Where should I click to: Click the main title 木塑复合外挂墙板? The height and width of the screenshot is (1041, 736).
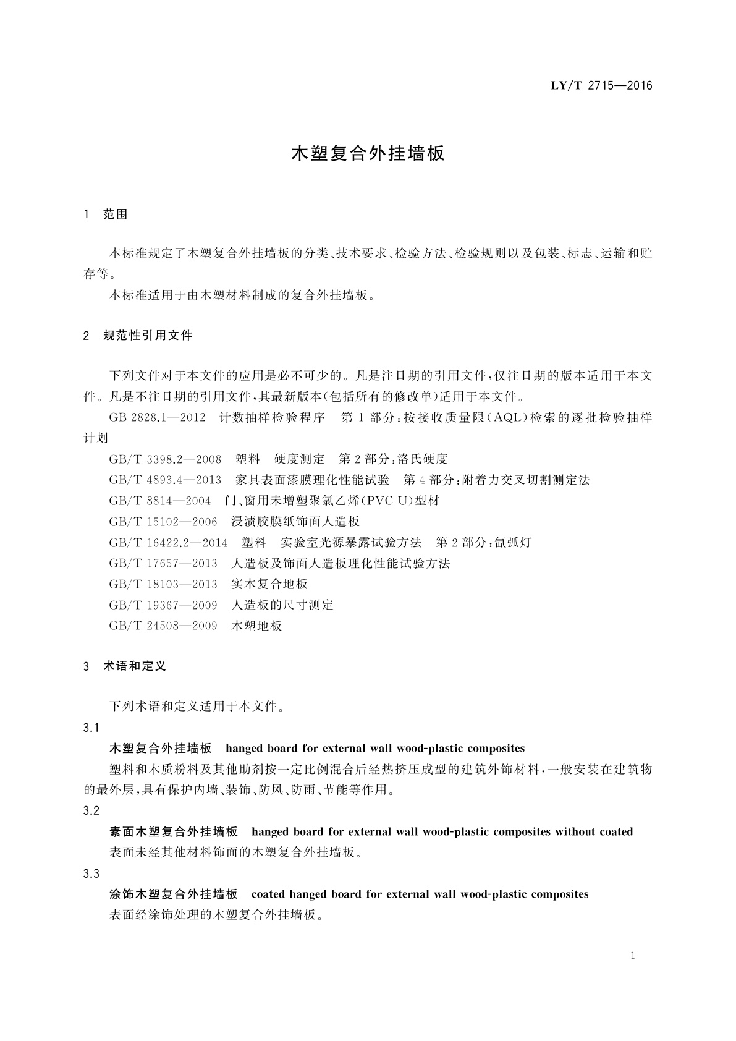coord(368,153)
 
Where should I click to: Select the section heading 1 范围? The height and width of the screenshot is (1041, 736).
coord(106,215)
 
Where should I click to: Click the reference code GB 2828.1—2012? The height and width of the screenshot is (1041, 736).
coord(157,417)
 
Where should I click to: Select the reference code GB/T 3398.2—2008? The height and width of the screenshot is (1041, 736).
coord(165,459)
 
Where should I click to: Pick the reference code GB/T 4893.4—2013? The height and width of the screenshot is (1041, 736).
coord(165,480)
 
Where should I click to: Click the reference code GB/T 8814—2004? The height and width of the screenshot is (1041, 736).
coord(160,500)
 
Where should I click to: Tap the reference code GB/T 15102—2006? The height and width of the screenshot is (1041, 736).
coord(163,521)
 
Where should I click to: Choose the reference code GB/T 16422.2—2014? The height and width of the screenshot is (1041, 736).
coord(168,542)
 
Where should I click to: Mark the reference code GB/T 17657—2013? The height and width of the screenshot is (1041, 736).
coord(163,563)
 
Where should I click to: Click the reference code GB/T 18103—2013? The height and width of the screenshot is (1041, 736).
coord(163,584)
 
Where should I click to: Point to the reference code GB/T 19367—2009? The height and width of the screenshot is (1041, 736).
coord(163,605)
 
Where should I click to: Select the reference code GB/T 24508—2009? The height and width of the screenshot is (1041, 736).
coord(163,626)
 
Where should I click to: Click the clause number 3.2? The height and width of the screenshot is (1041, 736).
coord(91,811)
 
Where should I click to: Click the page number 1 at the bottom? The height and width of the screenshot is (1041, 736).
coord(633,956)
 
